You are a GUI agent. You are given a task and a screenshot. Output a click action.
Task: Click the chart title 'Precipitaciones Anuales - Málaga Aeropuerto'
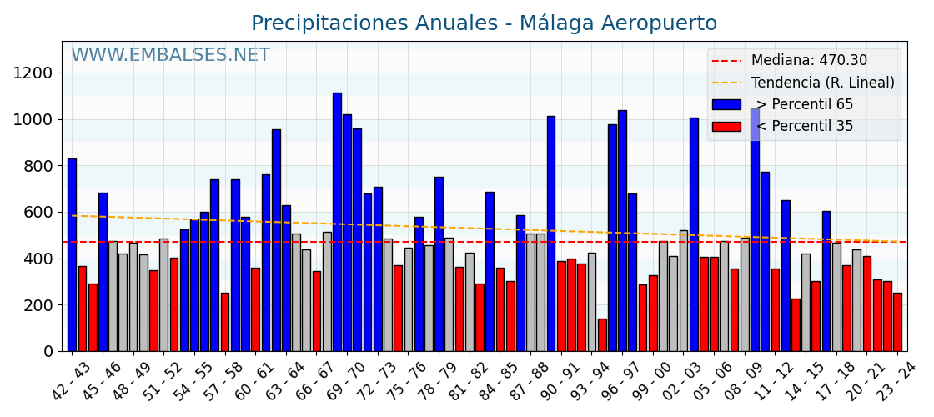(484, 23)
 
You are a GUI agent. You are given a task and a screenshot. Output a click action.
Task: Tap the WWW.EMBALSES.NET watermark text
(170, 56)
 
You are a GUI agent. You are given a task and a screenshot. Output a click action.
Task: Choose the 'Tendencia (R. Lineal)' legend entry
(822, 83)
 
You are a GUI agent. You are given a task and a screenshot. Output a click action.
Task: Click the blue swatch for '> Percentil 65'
(726, 104)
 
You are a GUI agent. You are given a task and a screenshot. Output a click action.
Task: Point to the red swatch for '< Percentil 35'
(726, 127)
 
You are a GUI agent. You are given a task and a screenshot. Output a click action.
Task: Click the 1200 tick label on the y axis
(33, 73)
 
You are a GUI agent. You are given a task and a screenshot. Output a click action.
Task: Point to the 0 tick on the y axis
(48, 352)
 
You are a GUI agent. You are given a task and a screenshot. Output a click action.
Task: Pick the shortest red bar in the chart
(602, 334)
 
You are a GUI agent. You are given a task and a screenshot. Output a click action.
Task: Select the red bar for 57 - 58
(225, 322)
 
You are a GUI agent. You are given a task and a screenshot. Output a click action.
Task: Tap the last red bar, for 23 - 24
(897, 322)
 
